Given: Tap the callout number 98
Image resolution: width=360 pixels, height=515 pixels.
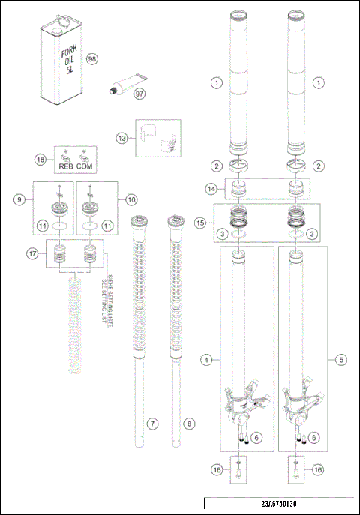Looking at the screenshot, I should click(92, 59).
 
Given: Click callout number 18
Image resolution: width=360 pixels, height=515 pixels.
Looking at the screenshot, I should click(40, 159).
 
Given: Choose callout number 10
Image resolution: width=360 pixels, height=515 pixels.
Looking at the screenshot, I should click(131, 199).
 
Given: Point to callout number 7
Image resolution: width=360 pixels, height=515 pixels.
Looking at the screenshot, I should click(152, 424).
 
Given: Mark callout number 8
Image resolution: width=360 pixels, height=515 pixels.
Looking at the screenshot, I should click(188, 424).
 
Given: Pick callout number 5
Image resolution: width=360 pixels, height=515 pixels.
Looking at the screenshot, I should click(341, 360).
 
